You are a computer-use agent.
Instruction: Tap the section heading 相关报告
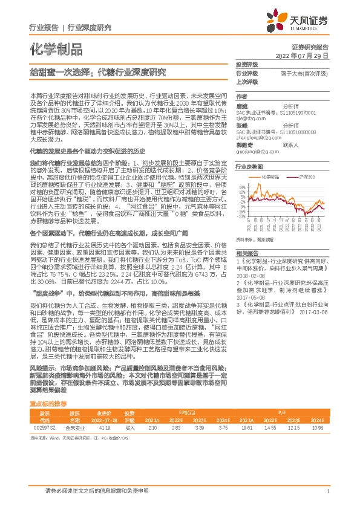click(x=247, y=236)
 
